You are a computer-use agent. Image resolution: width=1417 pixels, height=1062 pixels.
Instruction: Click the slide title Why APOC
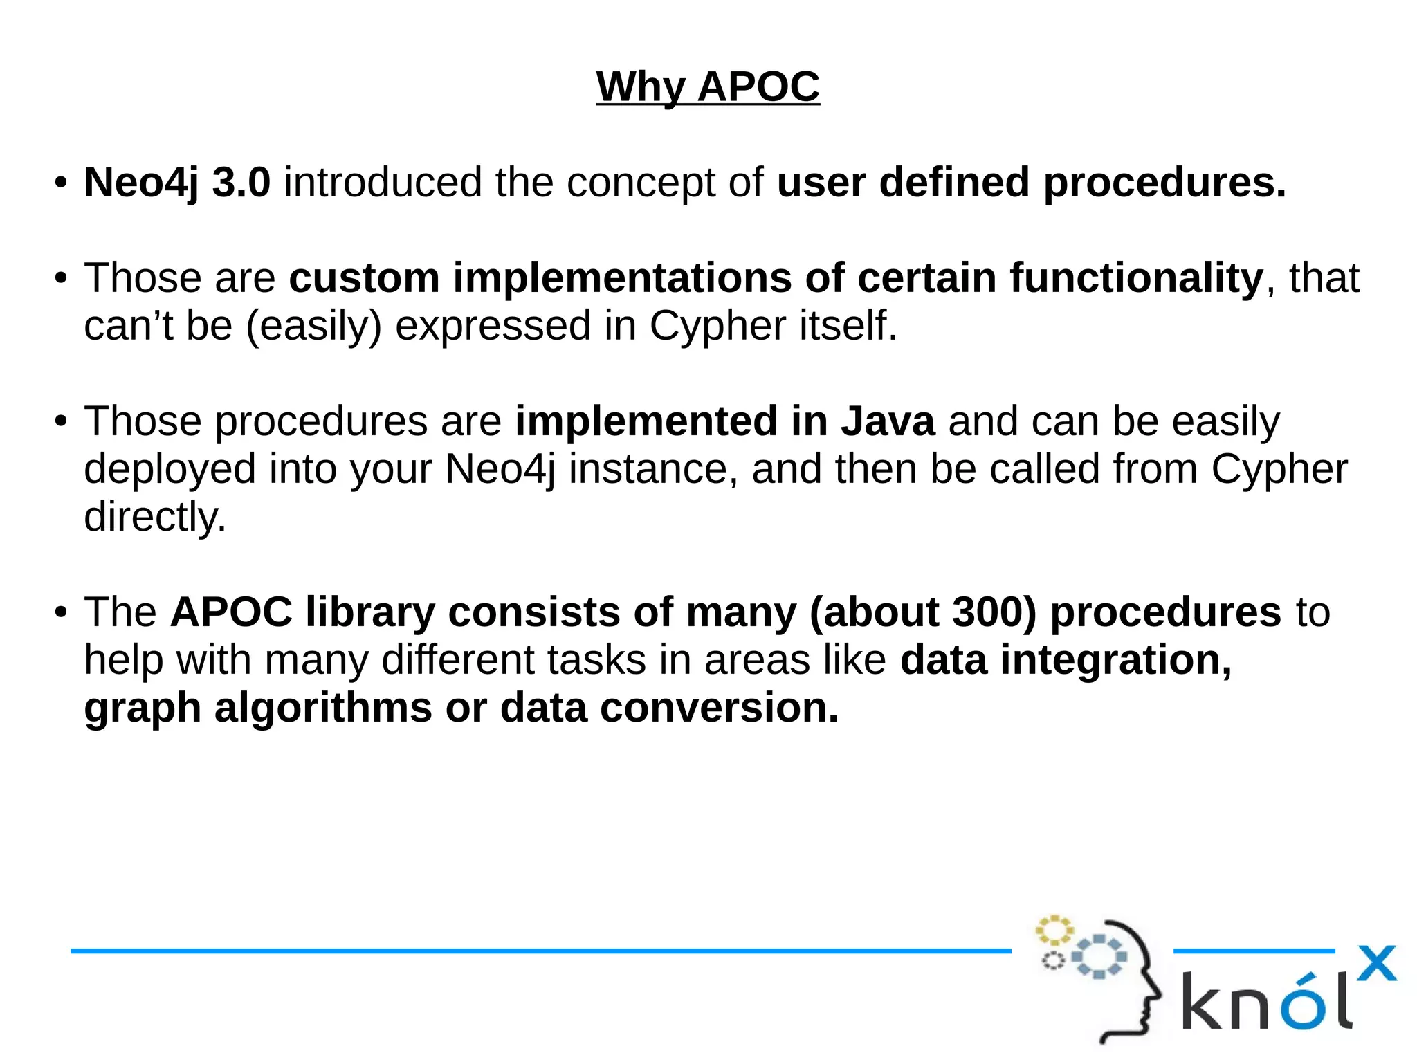(x=708, y=87)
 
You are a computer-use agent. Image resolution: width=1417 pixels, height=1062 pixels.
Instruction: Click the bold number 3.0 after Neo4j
(x=241, y=183)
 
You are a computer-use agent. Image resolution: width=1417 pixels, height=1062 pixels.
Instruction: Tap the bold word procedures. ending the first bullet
(x=1164, y=183)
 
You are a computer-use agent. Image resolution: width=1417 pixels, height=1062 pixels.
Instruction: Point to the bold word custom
(x=364, y=278)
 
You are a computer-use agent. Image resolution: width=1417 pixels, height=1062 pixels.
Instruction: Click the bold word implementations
(x=622, y=278)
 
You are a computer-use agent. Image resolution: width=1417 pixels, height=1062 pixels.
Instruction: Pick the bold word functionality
(x=1136, y=278)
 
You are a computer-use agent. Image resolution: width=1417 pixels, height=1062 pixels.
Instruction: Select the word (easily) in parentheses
(x=313, y=326)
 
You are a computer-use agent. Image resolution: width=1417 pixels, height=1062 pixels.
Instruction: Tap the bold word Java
(x=888, y=421)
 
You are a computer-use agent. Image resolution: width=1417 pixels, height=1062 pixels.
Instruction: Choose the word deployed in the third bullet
(x=170, y=469)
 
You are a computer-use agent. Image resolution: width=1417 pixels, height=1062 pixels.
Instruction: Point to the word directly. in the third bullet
(x=155, y=517)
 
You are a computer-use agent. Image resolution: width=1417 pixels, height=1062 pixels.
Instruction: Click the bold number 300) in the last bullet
(x=994, y=612)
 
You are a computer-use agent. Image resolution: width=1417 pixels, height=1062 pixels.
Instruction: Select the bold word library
(x=370, y=612)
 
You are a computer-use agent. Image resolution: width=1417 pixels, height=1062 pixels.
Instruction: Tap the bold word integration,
(x=1116, y=660)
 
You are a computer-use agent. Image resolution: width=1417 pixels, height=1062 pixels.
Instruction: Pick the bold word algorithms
(x=323, y=708)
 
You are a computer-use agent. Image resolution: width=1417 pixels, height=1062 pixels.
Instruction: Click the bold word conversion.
(x=719, y=708)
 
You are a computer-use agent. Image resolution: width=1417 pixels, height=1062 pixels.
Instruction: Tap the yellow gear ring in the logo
(x=1054, y=930)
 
